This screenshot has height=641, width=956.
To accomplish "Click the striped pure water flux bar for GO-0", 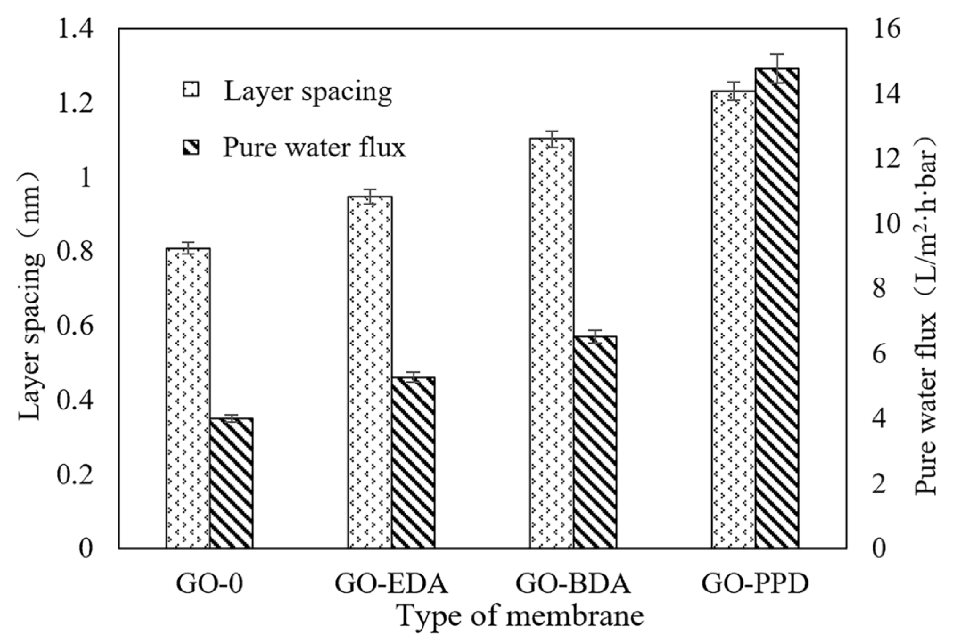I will (231, 483).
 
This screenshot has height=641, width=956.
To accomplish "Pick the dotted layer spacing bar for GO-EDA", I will (370, 372).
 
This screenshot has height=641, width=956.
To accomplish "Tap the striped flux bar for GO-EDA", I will (413, 462).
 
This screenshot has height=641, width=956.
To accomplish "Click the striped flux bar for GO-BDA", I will (595, 442).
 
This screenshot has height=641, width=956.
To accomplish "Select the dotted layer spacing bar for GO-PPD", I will (734, 319).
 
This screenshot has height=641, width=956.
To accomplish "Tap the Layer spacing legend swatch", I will (191, 90).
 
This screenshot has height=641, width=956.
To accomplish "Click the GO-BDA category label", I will (573, 585).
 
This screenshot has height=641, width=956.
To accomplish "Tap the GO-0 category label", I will (209, 585).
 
